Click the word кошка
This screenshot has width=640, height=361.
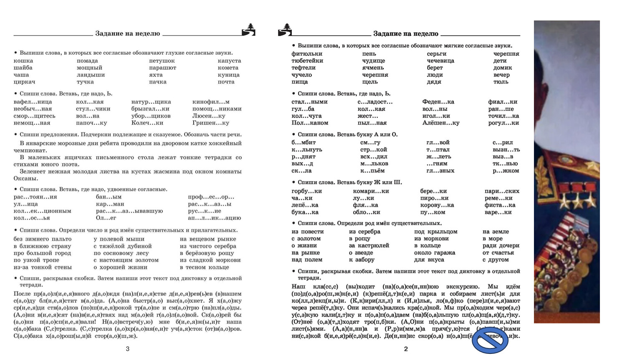pos(23,61)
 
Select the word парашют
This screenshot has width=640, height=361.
pos(162,68)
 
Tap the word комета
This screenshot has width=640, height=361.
pos(228,68)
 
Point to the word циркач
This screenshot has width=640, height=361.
pos(24,82)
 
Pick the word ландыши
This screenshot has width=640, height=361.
pos(91,75)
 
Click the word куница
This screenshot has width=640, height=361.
pos(228,75)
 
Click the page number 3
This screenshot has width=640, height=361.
pos(128,349)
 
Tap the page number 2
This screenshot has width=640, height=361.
pos(406,349)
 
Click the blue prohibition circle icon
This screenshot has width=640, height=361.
pos(490,341)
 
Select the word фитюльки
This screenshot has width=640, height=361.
pos(307,54)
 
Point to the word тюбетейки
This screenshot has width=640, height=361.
pos(307,61)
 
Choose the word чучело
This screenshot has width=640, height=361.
pos(301,75)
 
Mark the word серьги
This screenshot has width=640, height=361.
pos(437,54)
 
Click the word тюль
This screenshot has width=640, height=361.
pos(501,82)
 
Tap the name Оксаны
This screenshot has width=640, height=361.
pos(25,179)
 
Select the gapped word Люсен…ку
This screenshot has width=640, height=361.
pos(209,116)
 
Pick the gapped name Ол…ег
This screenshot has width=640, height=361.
pos(106,218)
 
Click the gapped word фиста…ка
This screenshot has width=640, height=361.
pos(500,205)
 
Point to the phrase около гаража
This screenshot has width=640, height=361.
pos(435,253)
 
